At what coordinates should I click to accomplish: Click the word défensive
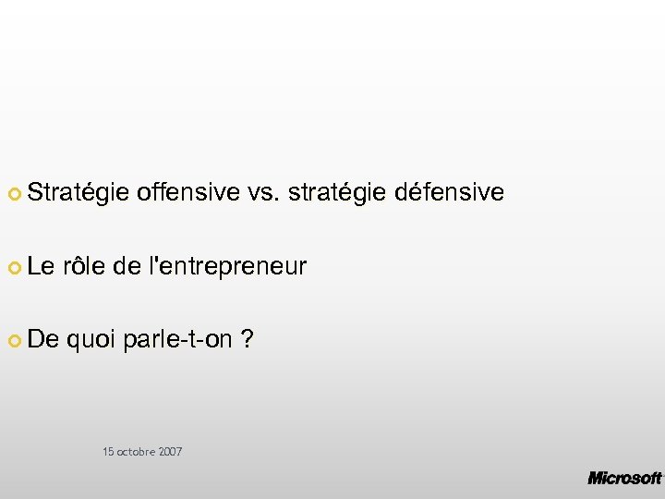click(449, 192)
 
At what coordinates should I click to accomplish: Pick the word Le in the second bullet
click(42, 267)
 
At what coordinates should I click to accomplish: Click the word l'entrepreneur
click(227, 268)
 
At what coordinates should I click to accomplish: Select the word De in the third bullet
click(42, 340)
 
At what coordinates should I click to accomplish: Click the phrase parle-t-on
click(177, 341)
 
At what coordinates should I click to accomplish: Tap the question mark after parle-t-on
click(247, 340)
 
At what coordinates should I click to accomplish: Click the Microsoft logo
click(624, 478)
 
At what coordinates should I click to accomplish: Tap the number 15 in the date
click(108, 452)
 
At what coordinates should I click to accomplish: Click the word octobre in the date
click(136, 452)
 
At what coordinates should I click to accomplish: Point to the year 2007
click(170, 452)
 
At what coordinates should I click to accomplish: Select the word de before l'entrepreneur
click(126, 267)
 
